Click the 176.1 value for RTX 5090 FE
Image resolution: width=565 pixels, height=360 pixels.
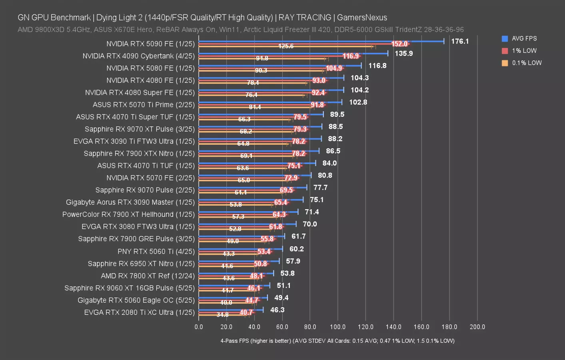(460, 41)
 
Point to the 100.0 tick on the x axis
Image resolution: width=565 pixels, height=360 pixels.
(337, 327)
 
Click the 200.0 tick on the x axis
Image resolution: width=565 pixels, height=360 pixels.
(477, 327)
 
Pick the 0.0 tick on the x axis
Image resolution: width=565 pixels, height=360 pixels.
(199, 327)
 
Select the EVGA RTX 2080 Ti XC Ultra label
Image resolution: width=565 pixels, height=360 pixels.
(139, 312)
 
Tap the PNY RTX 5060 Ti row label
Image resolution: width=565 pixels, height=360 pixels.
(156, 252)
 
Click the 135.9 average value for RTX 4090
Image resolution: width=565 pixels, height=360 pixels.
(404, 53)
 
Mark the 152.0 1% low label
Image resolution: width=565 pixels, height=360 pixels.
(399, 44)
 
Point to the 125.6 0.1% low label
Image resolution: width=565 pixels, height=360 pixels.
(286, 46)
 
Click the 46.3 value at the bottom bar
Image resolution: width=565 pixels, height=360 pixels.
(277, 310)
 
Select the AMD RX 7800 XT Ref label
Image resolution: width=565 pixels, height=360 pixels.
(148, 276)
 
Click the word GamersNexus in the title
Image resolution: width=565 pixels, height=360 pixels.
(362, 18)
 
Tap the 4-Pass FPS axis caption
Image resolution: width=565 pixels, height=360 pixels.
(337, 341)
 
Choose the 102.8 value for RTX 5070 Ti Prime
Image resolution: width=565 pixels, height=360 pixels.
(358, 102)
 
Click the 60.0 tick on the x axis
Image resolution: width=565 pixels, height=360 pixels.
(282, 327)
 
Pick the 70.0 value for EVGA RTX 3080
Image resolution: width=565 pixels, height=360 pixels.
(309, 224)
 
